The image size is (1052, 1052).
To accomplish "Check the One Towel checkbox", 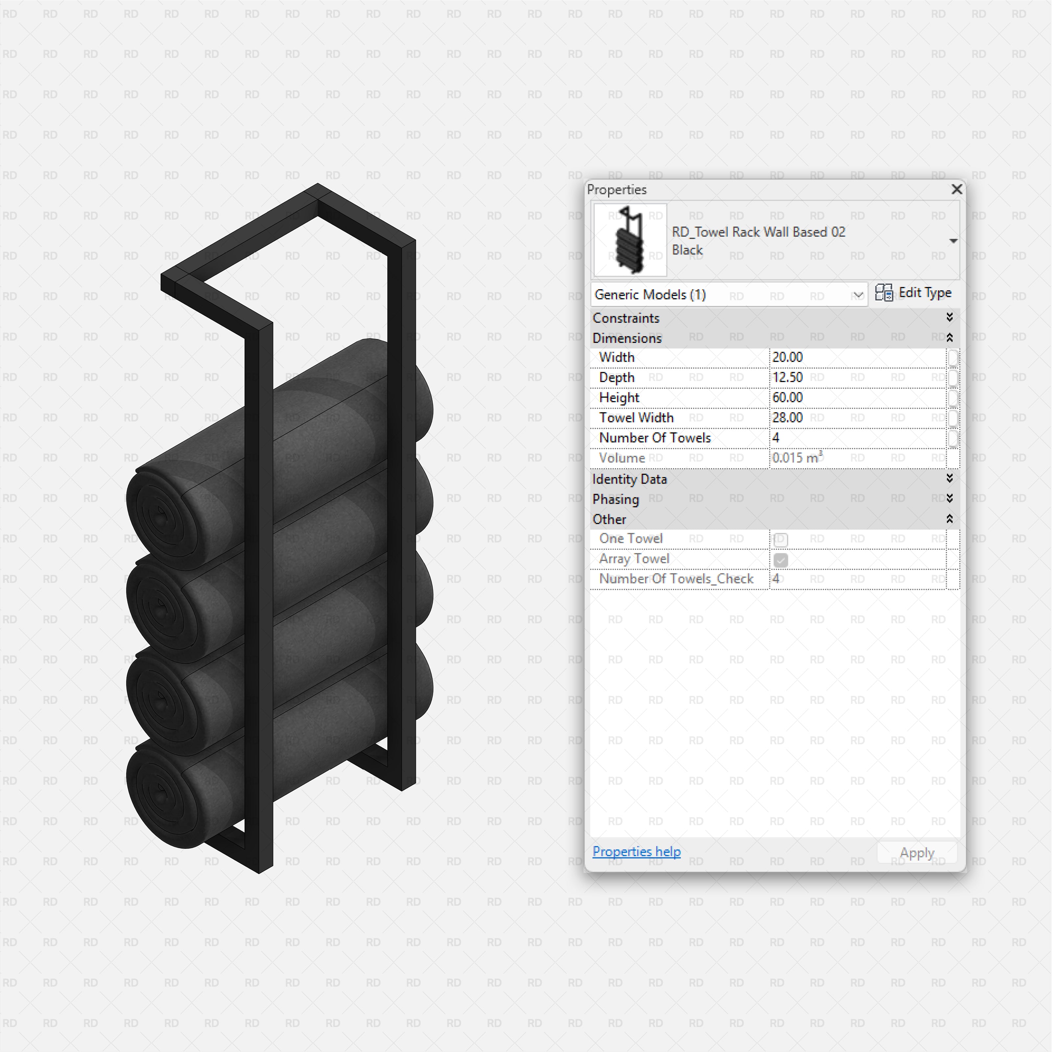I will pos(780,539).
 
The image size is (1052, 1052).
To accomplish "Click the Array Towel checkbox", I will pos(780,560).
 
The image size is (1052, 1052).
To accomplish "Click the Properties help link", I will pos(636,851).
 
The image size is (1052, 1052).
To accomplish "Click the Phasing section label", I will pos(616,499).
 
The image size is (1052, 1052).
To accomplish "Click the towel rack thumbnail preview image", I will pos(630,240).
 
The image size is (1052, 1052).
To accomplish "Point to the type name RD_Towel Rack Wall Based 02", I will pos(758,232).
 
